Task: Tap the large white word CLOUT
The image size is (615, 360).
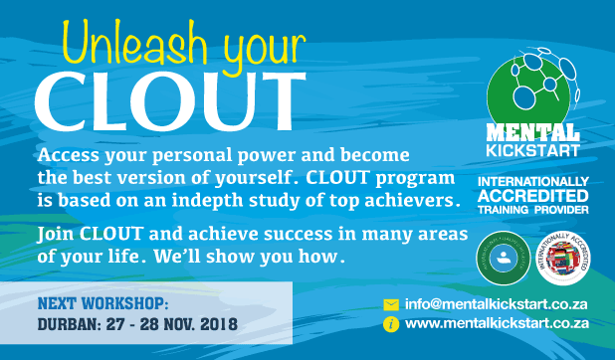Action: [163, 97]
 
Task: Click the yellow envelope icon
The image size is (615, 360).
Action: [391, 304]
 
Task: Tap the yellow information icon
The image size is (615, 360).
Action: [391, 323]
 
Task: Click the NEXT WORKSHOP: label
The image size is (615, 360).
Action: [102, 300]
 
